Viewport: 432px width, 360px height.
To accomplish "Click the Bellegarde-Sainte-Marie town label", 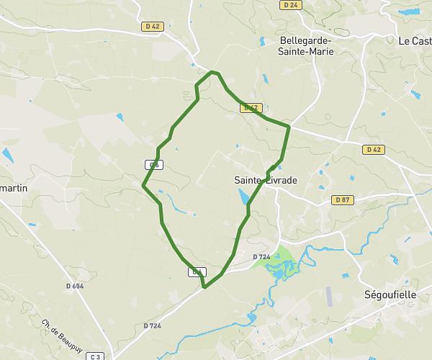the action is coord(307,45).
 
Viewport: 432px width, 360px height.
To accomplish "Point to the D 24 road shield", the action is coord(290,4).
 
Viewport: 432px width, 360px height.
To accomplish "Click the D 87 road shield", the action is coord(341,199).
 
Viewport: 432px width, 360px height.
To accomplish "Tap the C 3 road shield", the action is coord(98,356).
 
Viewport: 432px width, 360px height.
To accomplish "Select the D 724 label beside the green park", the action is coord(261,256).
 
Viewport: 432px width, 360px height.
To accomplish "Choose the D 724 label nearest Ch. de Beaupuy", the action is coord(152,326).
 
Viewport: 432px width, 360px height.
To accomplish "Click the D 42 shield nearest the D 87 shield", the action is coord(373,150).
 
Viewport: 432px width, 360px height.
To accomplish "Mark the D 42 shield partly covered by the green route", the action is coord(250,108).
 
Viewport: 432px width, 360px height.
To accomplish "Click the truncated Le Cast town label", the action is coord(415,41).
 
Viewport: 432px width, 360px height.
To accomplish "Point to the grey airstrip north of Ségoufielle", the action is coord(330,296).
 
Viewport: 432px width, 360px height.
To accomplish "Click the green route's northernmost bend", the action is coord(213,72).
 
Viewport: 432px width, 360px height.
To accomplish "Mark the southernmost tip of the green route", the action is coord(205,287).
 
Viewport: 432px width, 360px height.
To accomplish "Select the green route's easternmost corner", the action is coord(289,127).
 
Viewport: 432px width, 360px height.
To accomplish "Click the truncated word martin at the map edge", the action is coord(13,188).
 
